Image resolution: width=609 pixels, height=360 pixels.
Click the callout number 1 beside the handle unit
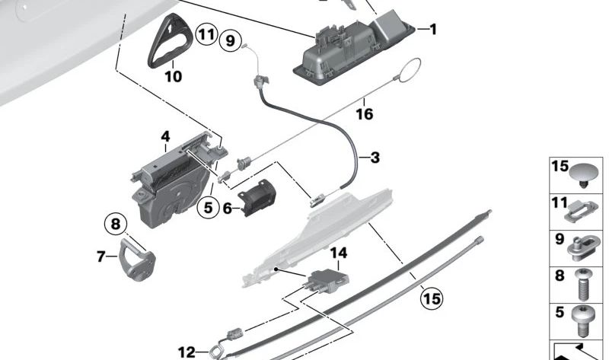[432, 30]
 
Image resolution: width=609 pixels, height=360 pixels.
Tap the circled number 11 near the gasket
[205, 33]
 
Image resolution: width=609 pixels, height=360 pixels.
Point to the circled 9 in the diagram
[230, 40]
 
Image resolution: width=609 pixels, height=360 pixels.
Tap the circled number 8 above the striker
[116, 225]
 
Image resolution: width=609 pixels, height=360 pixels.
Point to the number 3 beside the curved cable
[375, 158]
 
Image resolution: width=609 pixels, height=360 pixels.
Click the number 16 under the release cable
[364, 114]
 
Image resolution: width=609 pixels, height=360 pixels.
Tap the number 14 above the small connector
[337, 252]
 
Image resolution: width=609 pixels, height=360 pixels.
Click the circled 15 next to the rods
[432, 298]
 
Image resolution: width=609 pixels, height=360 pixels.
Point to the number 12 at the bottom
[187, 352]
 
